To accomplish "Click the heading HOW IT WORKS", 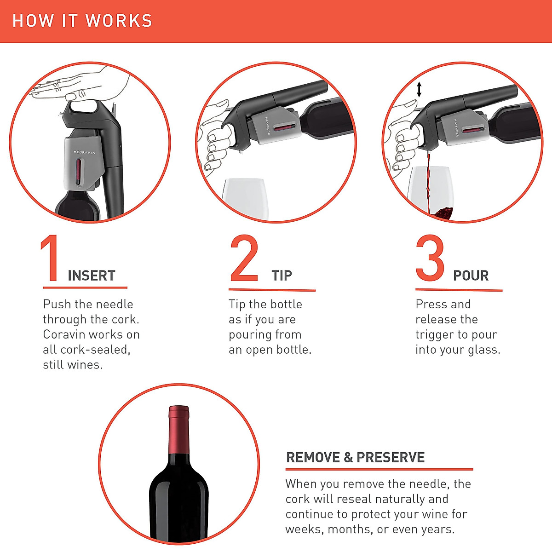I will click(x=82, y=21).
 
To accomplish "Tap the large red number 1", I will click(x=50, y=259).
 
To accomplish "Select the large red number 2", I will click(x=244, y=259).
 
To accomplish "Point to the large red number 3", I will click(x=430, y=259).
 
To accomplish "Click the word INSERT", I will click(x=92, y=276).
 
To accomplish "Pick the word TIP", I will click(x=282, y=276).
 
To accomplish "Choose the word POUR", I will click(x=471, y=276).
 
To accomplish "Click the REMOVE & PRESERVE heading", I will click(x=355, y=457).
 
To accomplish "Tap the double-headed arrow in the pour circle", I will click(x=419, y=89).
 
